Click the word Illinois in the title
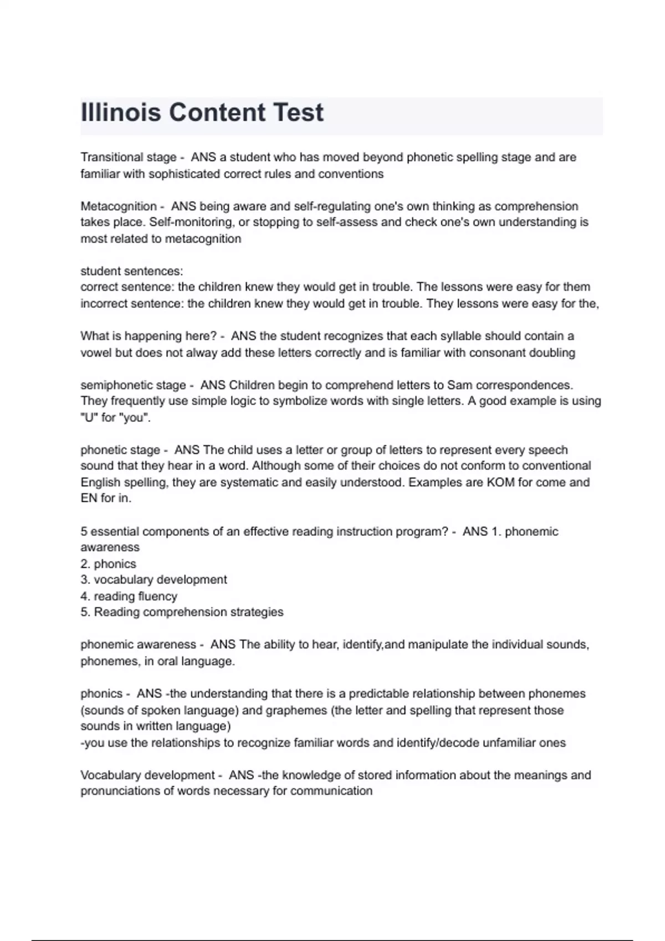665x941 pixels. [121, 112]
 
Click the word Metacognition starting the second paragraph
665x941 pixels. [119, 206]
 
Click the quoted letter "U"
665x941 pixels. [88, 417]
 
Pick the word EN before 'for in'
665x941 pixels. [89, 498]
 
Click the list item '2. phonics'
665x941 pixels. [108, 563]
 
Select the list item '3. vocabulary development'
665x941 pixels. [154, 580]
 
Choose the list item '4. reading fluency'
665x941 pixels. [129, 596]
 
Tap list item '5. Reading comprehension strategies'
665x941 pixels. [182, 612]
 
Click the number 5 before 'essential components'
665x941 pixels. [84, 531]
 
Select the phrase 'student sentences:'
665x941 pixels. [131, 271]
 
